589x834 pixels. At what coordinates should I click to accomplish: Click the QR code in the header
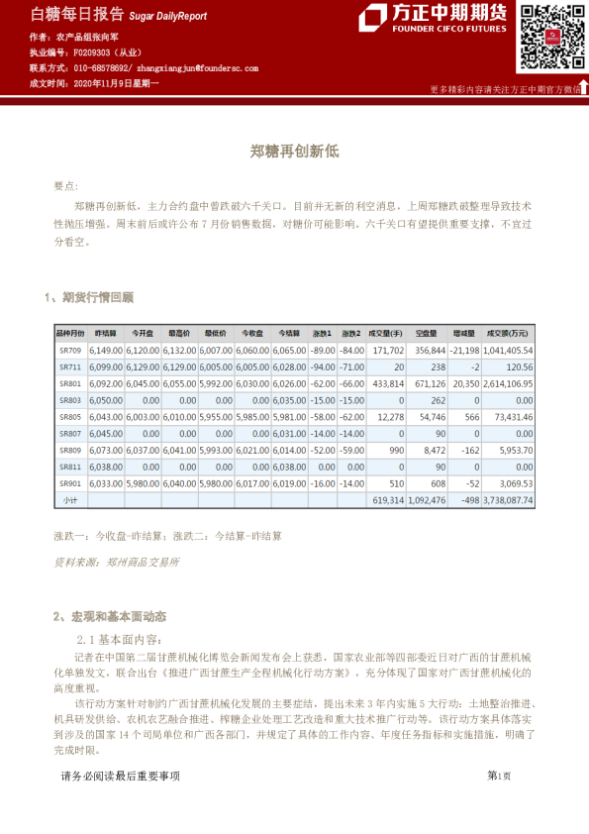click(543, 37)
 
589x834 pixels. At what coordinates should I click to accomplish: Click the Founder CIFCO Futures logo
click(433, 20)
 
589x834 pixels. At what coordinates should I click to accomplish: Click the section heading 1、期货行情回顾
click(89, 297)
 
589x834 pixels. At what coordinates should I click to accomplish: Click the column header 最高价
click(179, 334)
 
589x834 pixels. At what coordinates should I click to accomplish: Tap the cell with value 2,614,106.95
click(508, 382)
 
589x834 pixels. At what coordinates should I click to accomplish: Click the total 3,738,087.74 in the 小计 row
click(508, 500)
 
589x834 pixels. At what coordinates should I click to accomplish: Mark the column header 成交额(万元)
click(508, 334)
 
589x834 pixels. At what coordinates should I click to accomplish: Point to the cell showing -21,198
click(463, 350)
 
